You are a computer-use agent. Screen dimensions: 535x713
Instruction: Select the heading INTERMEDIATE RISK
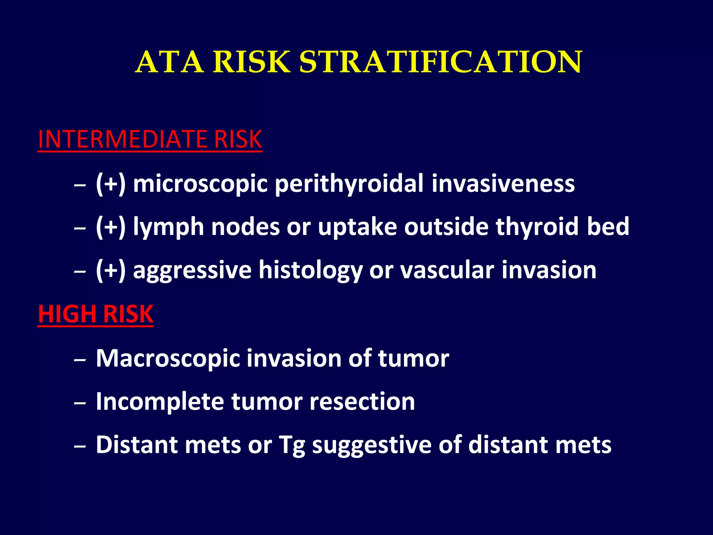150,139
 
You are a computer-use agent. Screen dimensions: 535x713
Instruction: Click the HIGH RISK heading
95,314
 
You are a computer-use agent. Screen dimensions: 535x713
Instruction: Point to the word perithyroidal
349,184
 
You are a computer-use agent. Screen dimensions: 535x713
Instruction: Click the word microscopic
200,184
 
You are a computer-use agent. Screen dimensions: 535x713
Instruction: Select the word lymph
168,227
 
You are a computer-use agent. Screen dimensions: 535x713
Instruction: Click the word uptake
357,227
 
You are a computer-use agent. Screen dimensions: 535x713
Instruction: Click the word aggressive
192,271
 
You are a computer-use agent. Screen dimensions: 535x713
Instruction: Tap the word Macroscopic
168,358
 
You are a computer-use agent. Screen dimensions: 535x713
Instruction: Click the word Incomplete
160,402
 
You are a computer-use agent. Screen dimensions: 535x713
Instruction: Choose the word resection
362,402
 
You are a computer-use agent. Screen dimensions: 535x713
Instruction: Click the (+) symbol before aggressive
110,270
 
